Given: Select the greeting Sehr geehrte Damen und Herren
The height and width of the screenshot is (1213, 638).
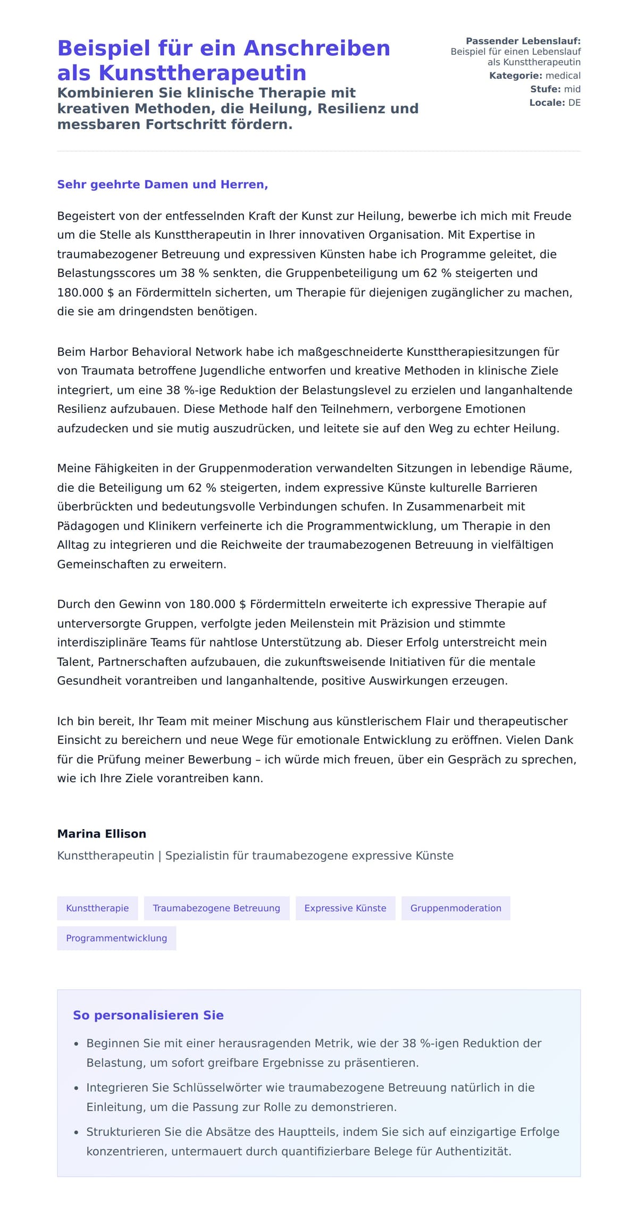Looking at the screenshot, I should pos(162,185).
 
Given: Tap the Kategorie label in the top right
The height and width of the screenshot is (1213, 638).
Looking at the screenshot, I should pos(515,76).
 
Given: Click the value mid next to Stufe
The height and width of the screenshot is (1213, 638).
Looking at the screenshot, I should pos(572,89).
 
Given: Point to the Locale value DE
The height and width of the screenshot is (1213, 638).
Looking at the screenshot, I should pos(574,103).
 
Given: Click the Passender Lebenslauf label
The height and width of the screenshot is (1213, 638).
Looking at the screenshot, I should pos(523,41).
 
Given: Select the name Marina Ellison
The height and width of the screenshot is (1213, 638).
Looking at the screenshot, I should pos(102,833).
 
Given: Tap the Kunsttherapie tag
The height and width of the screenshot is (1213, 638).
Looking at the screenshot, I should pos(97,908).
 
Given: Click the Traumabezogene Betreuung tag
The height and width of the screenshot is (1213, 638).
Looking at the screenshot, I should pos(216,908).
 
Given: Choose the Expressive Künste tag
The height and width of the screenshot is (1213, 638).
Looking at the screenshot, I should pos(345,908).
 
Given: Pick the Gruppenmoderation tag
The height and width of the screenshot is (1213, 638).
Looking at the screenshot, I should pos(456,908).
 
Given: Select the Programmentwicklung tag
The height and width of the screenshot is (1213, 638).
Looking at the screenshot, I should pos(116,938).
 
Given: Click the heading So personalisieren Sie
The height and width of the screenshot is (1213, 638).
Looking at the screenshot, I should pos(148,1015).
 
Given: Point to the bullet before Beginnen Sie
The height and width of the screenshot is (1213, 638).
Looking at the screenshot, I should pos(77,1044).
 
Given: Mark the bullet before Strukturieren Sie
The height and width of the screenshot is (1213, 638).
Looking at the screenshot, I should pos(77,1133).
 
